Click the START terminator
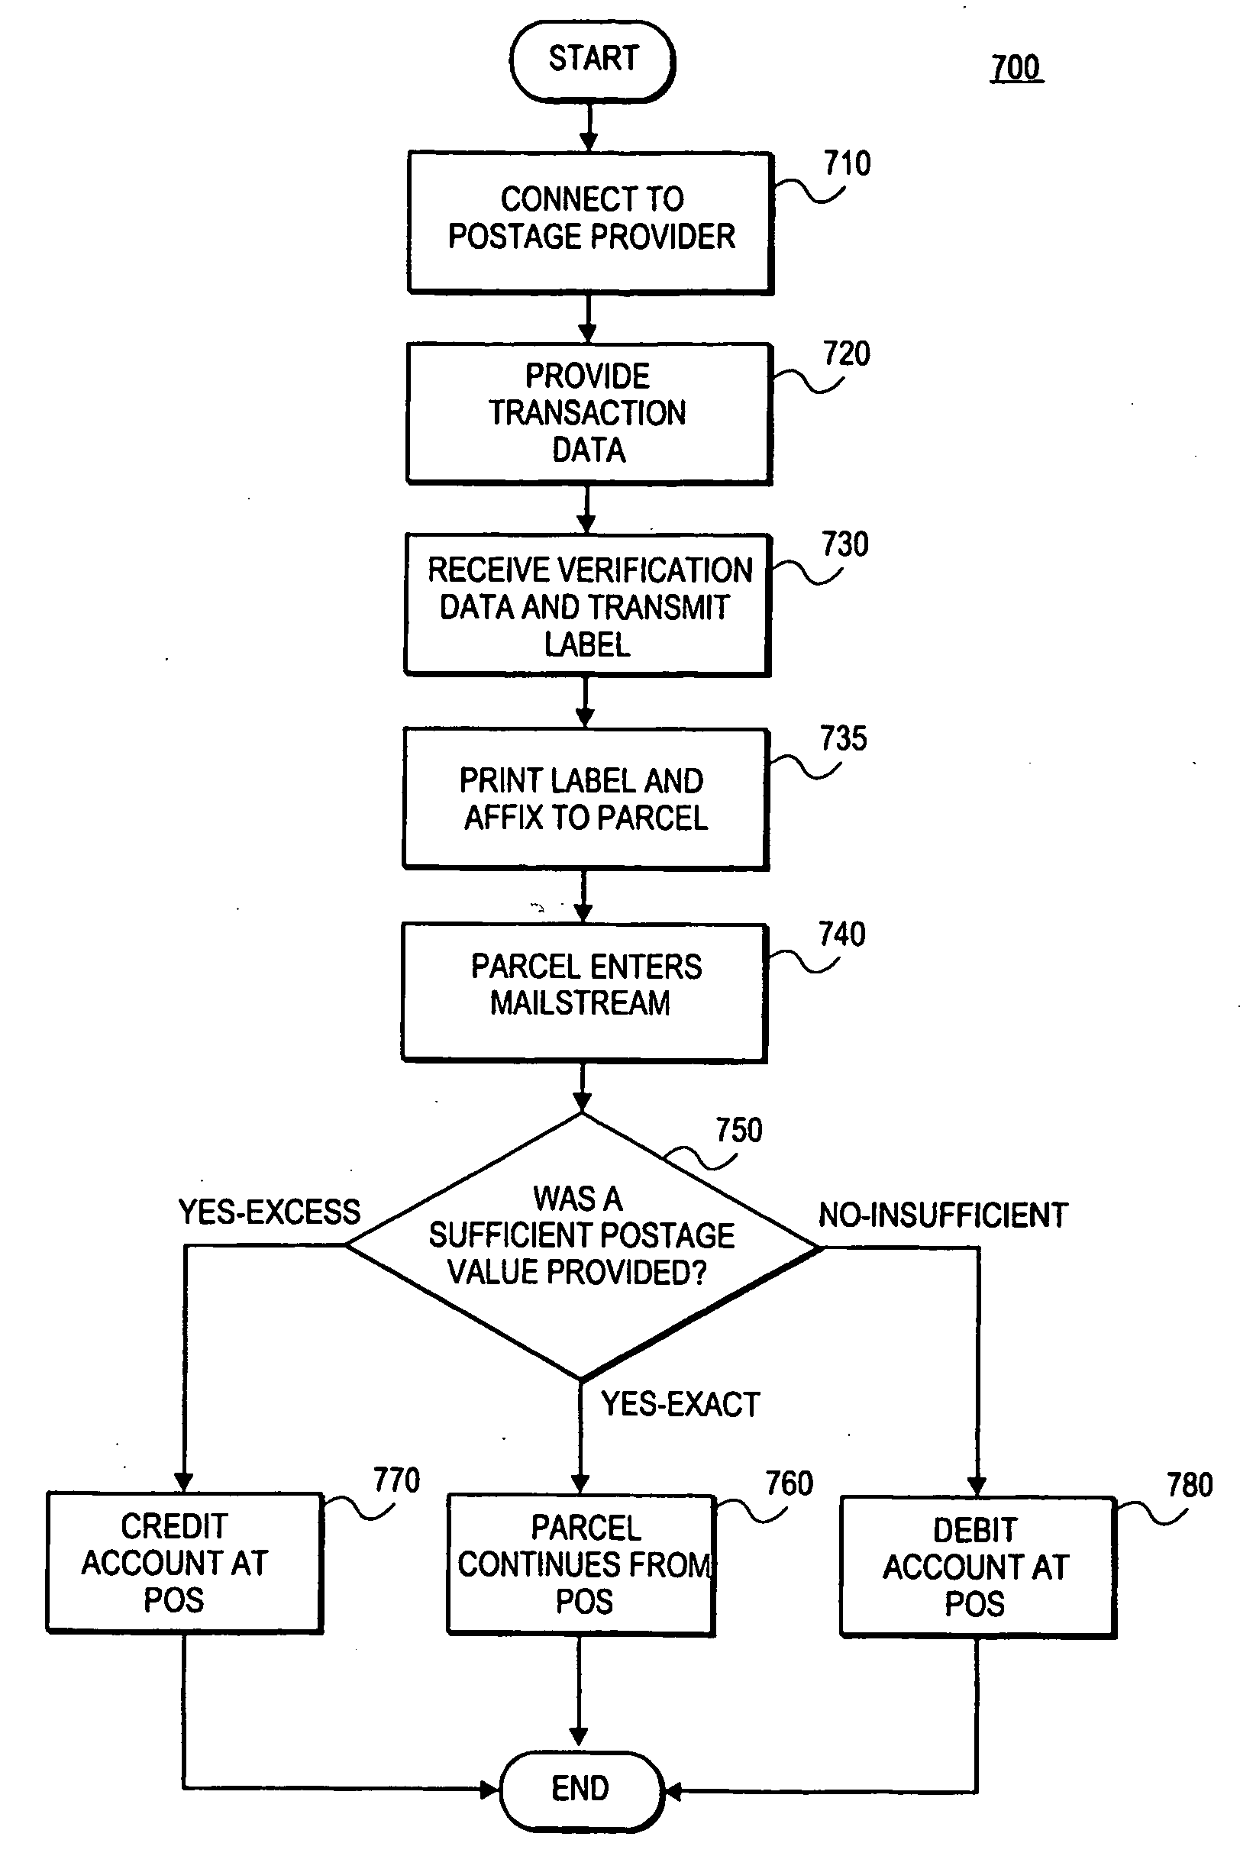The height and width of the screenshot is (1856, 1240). coord(593,60)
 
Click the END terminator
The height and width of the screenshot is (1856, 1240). coord(580,1789)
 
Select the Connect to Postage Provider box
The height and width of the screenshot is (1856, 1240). coord(590,221)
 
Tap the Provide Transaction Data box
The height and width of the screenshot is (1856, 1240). coord(589,413)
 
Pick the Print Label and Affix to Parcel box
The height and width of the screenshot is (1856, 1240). coord(585,799)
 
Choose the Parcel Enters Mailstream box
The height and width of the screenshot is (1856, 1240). coord(583,992)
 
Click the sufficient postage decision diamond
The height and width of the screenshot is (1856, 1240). coord(582,1244)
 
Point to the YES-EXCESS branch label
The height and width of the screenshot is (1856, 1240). coord(269,1212)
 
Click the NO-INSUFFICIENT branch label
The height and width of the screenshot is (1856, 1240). coord(943,1215)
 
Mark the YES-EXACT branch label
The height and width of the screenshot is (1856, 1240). coord(680,1405)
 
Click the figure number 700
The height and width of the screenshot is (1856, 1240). coord(1016,68)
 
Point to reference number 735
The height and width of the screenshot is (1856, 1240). coord(843,738)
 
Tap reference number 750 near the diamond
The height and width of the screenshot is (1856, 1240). coord(738,1130)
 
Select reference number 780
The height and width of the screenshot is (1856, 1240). coord(1190,1485)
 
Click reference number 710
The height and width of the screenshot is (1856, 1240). coord(847,163)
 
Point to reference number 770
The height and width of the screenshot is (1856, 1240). coord(396,1480)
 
